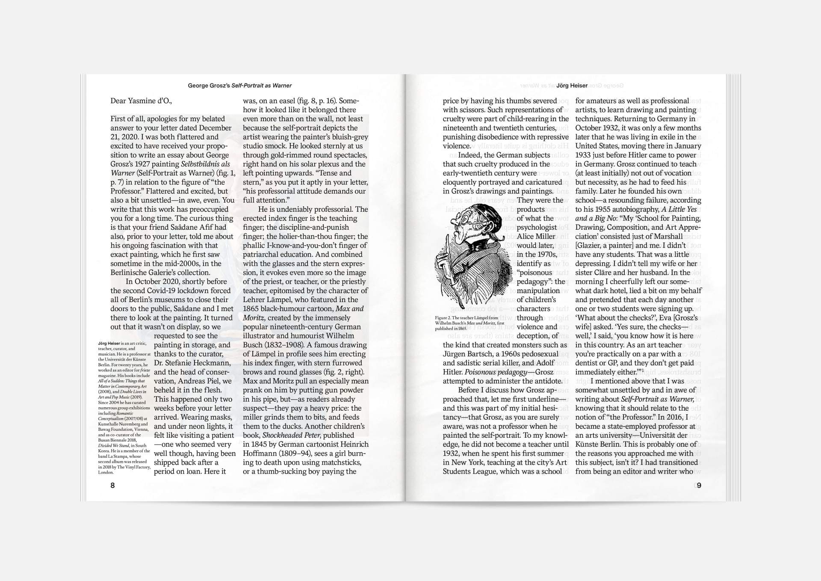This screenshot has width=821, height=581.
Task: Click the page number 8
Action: (x=112, y=485)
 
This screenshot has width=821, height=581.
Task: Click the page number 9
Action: (x=699, y=485)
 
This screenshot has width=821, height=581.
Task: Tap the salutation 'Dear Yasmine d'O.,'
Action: (x=141, y=101)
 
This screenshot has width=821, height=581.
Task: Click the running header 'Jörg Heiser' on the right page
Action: (x=572, y=86)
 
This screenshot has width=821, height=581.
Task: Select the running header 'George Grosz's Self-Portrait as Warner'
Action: (x=240, y=86)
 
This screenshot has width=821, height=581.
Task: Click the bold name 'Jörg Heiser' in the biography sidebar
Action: (x=109, y=343)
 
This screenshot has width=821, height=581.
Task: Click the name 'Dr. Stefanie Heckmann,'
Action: (x=192, y=363)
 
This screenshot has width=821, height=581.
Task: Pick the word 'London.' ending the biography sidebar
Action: (x=106, y=472)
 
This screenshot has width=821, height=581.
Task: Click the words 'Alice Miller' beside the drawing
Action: (x=536, y=236)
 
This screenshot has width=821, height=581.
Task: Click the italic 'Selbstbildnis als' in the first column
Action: (x=205, y=164)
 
